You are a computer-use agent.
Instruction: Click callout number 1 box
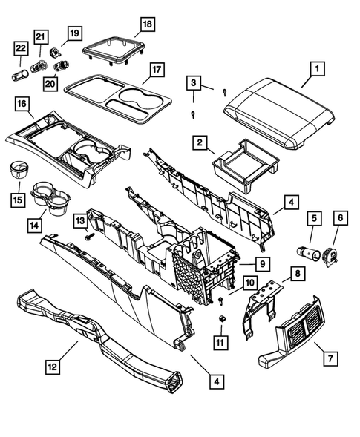[x=316, y=70]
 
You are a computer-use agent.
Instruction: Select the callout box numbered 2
[x=200, y=140]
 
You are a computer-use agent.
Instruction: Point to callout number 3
[x=194, y=82]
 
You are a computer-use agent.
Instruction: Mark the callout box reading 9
[x=263, y=264]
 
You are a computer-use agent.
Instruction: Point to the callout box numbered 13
[x=78, y=220]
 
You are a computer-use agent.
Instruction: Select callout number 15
[x=18, y=200]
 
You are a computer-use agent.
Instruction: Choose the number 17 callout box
[x=155, y=71]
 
